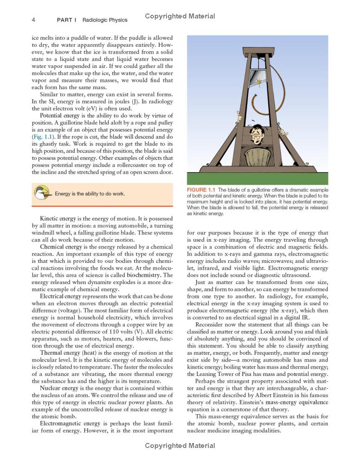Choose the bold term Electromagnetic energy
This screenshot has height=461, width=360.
pos(70,424)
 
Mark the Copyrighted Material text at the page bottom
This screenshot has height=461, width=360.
pos(180,446)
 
